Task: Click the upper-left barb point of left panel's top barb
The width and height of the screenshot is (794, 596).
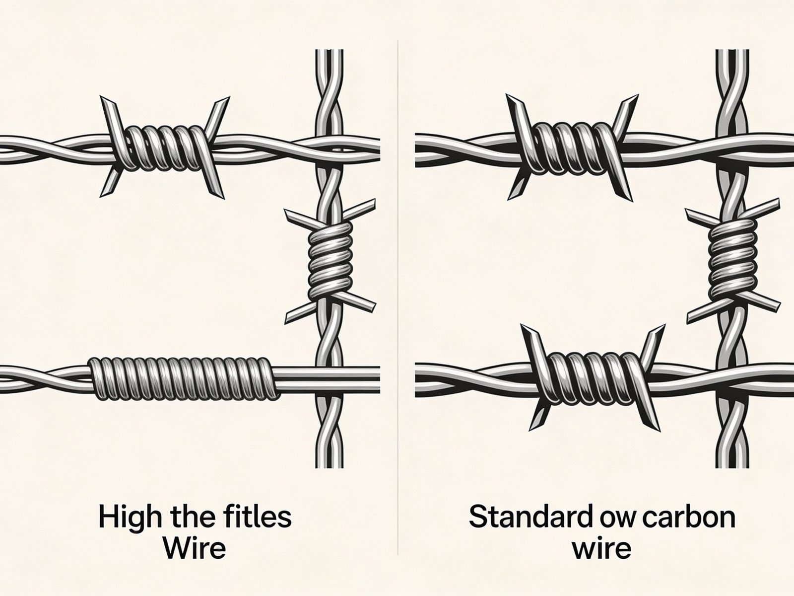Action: [104, 99]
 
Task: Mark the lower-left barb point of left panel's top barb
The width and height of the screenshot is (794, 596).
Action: [105, 194]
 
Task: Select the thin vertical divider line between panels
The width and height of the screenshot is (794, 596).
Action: [398, 298]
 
